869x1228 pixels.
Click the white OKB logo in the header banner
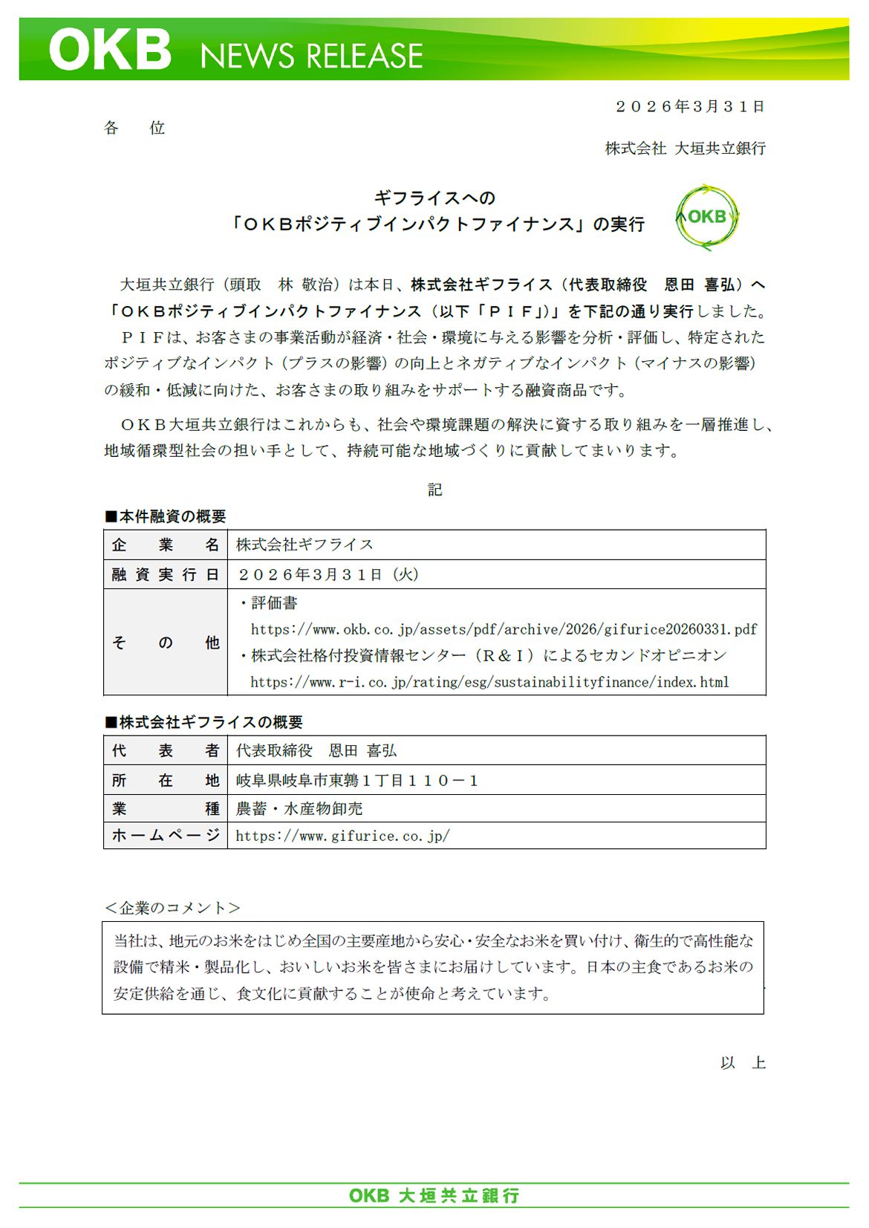coord(110,50)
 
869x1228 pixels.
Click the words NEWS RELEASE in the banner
coord(311,56)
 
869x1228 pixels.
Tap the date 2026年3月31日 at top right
coord(690,107)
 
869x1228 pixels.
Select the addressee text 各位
coord(134,128)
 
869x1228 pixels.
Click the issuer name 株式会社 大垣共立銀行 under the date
coord(685,149)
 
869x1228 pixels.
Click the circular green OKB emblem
coord(706,217)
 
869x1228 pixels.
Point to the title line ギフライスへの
coord(434,198)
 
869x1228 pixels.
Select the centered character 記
coord(434,490)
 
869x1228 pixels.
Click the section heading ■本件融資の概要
coord(166,516)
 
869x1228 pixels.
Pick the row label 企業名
coord(166,545)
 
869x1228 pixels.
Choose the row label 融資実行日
coord(166,574)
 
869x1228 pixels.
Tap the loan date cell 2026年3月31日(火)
coord(328,574)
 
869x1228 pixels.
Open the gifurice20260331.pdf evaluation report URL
coord(504,630)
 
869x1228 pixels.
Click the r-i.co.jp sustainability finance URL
coord(489,682)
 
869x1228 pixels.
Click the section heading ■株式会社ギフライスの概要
coord(204,722)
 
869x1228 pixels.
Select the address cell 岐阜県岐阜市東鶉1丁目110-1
coord(357,780)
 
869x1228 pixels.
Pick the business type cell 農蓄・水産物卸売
coord(299,808)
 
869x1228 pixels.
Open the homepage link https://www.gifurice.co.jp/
coord(342,836)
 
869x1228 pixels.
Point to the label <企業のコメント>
coord(172,908)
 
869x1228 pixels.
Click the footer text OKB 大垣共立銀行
coord(434,1195)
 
